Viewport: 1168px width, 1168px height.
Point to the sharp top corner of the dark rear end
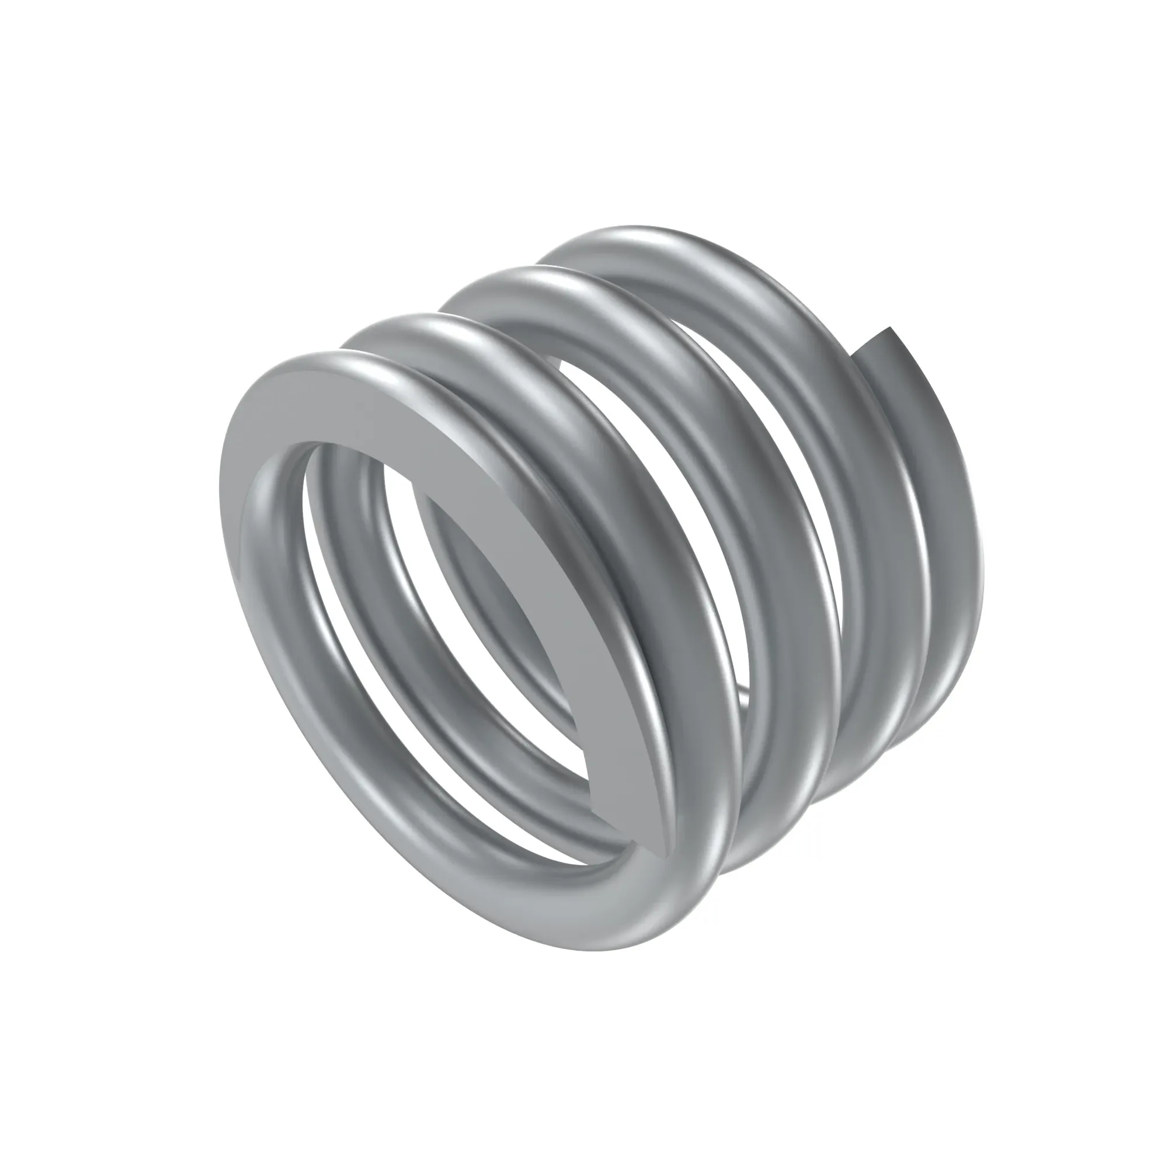tap(889, 328)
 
